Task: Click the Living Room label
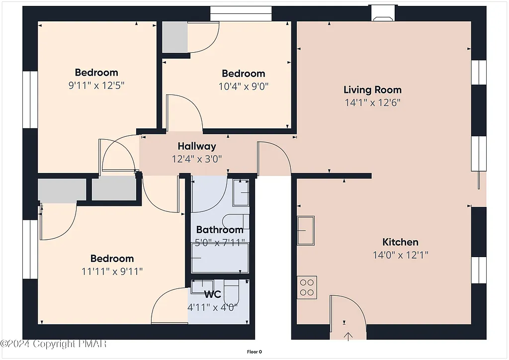[372, 90]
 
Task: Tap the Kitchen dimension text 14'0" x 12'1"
[400, 255]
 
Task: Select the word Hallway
[197, 146]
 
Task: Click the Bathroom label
[220, 230]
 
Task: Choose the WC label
[212, 294]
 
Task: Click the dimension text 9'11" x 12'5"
[96, 85]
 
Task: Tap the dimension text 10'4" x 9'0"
[244, 86]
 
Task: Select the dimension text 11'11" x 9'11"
[112, 271]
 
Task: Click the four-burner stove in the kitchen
[307, 287]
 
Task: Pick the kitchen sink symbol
[306, 230]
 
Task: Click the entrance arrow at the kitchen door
[348, 337]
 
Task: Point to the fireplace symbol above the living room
[383, 14]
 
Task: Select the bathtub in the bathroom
[220, 258]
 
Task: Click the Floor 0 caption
[254, 352]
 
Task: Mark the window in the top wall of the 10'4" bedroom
[241, 13]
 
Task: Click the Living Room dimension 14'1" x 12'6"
[372, 103]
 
